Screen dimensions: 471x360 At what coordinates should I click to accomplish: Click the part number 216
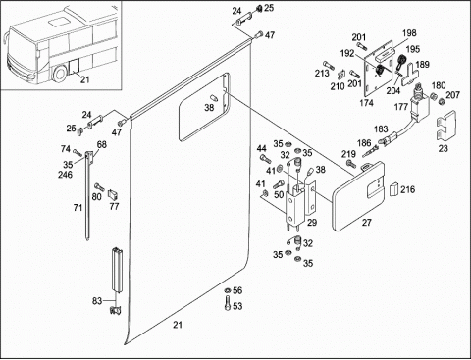[x=408, y=189]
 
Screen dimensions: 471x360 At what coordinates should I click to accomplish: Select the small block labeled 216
[x=394, y=189]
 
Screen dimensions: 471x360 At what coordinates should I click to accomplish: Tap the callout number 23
[x=443, y=148]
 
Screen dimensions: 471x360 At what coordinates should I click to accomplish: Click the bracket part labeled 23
[x=446, y=125]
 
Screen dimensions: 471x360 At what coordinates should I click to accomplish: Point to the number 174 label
[x=366, y=103]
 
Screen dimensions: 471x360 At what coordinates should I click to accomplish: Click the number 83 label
[x=97, y=301]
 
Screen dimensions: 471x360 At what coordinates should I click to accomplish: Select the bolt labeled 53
[x=228, y=303]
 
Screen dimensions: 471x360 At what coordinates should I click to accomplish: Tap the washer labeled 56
[x=228, y=290]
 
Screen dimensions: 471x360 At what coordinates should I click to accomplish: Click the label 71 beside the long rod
[x=78, y=207]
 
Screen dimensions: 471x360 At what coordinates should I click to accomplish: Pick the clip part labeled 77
[x=113, y=195]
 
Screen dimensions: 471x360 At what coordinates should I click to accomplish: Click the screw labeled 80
[x=99, y=187]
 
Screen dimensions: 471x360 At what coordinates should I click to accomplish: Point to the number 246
[x=66, y=175]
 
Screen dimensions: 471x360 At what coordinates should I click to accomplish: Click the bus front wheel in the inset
[x=60, y=74]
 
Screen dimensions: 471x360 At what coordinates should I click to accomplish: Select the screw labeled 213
[x=329, y=65]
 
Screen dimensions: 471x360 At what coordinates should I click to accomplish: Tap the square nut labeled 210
[x=342, y=74]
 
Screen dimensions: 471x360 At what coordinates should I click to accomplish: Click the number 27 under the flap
[x=367, y=223]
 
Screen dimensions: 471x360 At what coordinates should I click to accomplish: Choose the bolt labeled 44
[x=265, y=159]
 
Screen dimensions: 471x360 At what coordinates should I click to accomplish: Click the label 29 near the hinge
[x=312, y=223]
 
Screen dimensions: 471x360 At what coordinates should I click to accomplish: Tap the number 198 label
[x=409, y=33]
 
